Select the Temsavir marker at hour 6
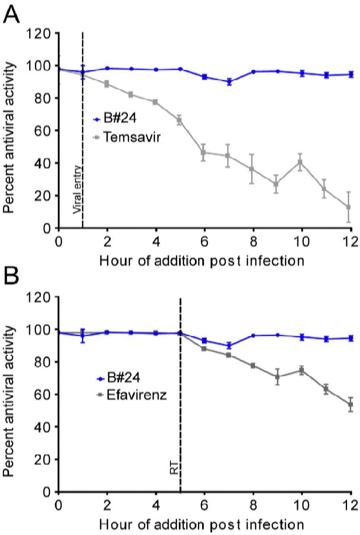204,153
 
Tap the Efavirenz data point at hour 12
350,405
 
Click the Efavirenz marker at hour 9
277,377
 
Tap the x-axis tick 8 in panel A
253,241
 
